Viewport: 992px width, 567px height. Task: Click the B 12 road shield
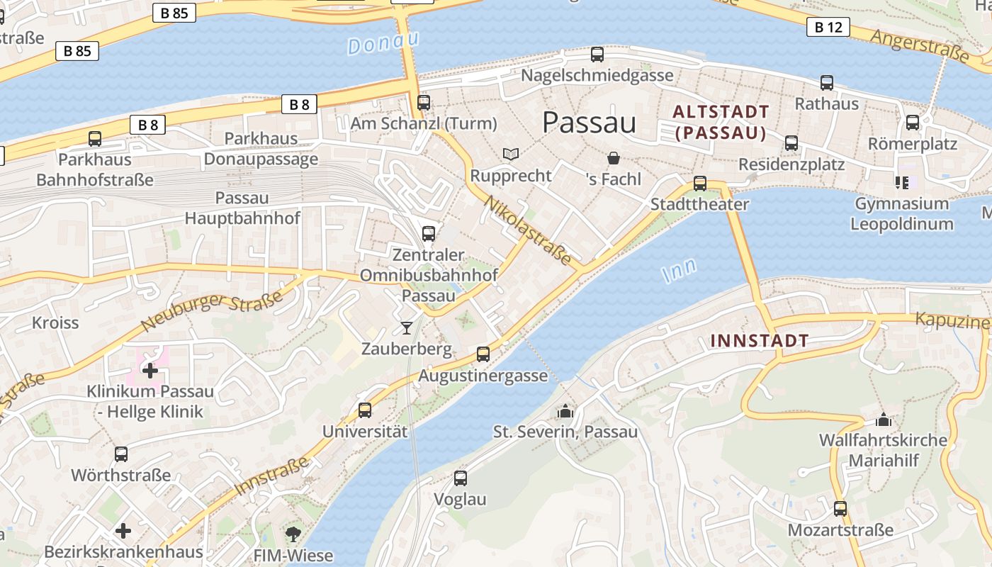(828, 28)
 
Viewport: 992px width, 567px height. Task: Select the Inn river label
(678, 271)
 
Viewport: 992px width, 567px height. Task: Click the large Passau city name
(589, 123)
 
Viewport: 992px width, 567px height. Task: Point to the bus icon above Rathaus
(826, 83)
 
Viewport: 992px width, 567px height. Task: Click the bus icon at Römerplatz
(912, 123)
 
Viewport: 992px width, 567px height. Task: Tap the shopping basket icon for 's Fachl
(613, 158)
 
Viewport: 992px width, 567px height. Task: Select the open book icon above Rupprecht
(510, 154)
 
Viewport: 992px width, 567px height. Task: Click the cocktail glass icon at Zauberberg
(406, 327)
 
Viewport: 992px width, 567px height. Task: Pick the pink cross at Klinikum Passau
(150, 370)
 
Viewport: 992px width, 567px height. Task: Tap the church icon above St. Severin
(565, 411)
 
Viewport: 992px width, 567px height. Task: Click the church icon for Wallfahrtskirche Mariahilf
(882, 420)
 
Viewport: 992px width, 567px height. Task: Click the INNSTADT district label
(759, 341)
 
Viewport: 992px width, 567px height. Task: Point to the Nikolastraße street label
(527, 230)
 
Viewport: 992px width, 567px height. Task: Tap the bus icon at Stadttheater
(699, 184)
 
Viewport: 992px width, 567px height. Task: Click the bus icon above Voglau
(460, 478)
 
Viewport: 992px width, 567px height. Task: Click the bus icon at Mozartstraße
(840, 508)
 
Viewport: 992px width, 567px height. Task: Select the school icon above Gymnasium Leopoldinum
(901, 183)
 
